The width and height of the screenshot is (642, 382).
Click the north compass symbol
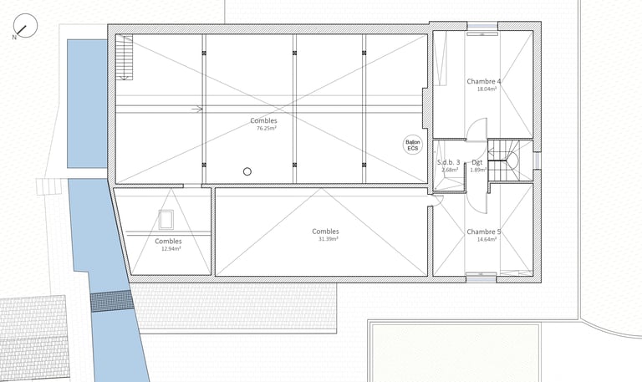tap(25, 25)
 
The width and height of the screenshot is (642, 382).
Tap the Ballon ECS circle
tap(413, 145)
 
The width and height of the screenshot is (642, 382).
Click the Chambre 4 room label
tap(483, 81)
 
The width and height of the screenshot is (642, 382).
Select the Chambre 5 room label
tap(483, 232)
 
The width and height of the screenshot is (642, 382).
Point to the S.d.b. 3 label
tap(448, 162)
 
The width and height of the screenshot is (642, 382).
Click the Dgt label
tap(476, 162)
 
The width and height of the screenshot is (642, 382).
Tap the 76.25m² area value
tap(266, 128)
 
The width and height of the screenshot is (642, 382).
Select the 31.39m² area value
tap(328, 239)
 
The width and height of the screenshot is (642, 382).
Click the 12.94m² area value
tap(171, 248)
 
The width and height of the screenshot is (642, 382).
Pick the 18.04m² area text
tap(487, 89)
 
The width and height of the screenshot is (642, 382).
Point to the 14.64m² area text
tap(487, 240)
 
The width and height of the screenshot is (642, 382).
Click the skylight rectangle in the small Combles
tap(166, 220)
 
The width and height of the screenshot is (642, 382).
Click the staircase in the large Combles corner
tap(124, 58)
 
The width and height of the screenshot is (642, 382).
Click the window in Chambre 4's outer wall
tap(482, 27)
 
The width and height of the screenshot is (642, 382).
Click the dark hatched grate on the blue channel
tap(112, 302)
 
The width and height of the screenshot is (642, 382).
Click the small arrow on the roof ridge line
tap(198, 109)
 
